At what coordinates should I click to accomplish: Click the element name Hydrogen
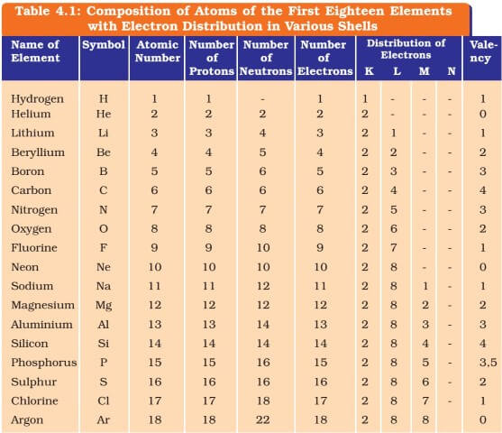[x=37, y=99]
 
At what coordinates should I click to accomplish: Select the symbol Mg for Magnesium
[x=104, y=306]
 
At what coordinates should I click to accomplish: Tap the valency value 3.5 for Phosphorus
[x=488, y=362]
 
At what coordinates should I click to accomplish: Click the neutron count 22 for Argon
[x=262, y=419]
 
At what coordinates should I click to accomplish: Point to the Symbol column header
[x=104, y=45]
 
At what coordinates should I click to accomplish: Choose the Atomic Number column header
[x=157, y=51]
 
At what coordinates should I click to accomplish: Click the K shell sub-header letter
[x=370, y=71]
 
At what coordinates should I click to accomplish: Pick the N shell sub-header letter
[x=452, y=71]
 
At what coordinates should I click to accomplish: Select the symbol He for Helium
[x=104, y=114]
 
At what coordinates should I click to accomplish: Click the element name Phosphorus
[x=44, y=363]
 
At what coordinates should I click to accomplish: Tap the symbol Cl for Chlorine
[x=103, y=401]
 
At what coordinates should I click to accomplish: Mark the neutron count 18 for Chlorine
[x=262, y=401]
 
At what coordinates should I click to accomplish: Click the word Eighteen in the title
[x=354, y=11]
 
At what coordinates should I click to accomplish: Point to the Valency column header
[x=483, y=51]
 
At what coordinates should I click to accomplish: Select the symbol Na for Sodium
[x=104, y=286]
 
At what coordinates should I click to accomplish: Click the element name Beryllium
[x=38, y=152]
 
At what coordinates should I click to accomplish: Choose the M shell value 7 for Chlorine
[x=425, y=401]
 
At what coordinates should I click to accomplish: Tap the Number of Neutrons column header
[x=266, y=58]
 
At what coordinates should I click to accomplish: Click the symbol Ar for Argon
[x=103, y=419]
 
